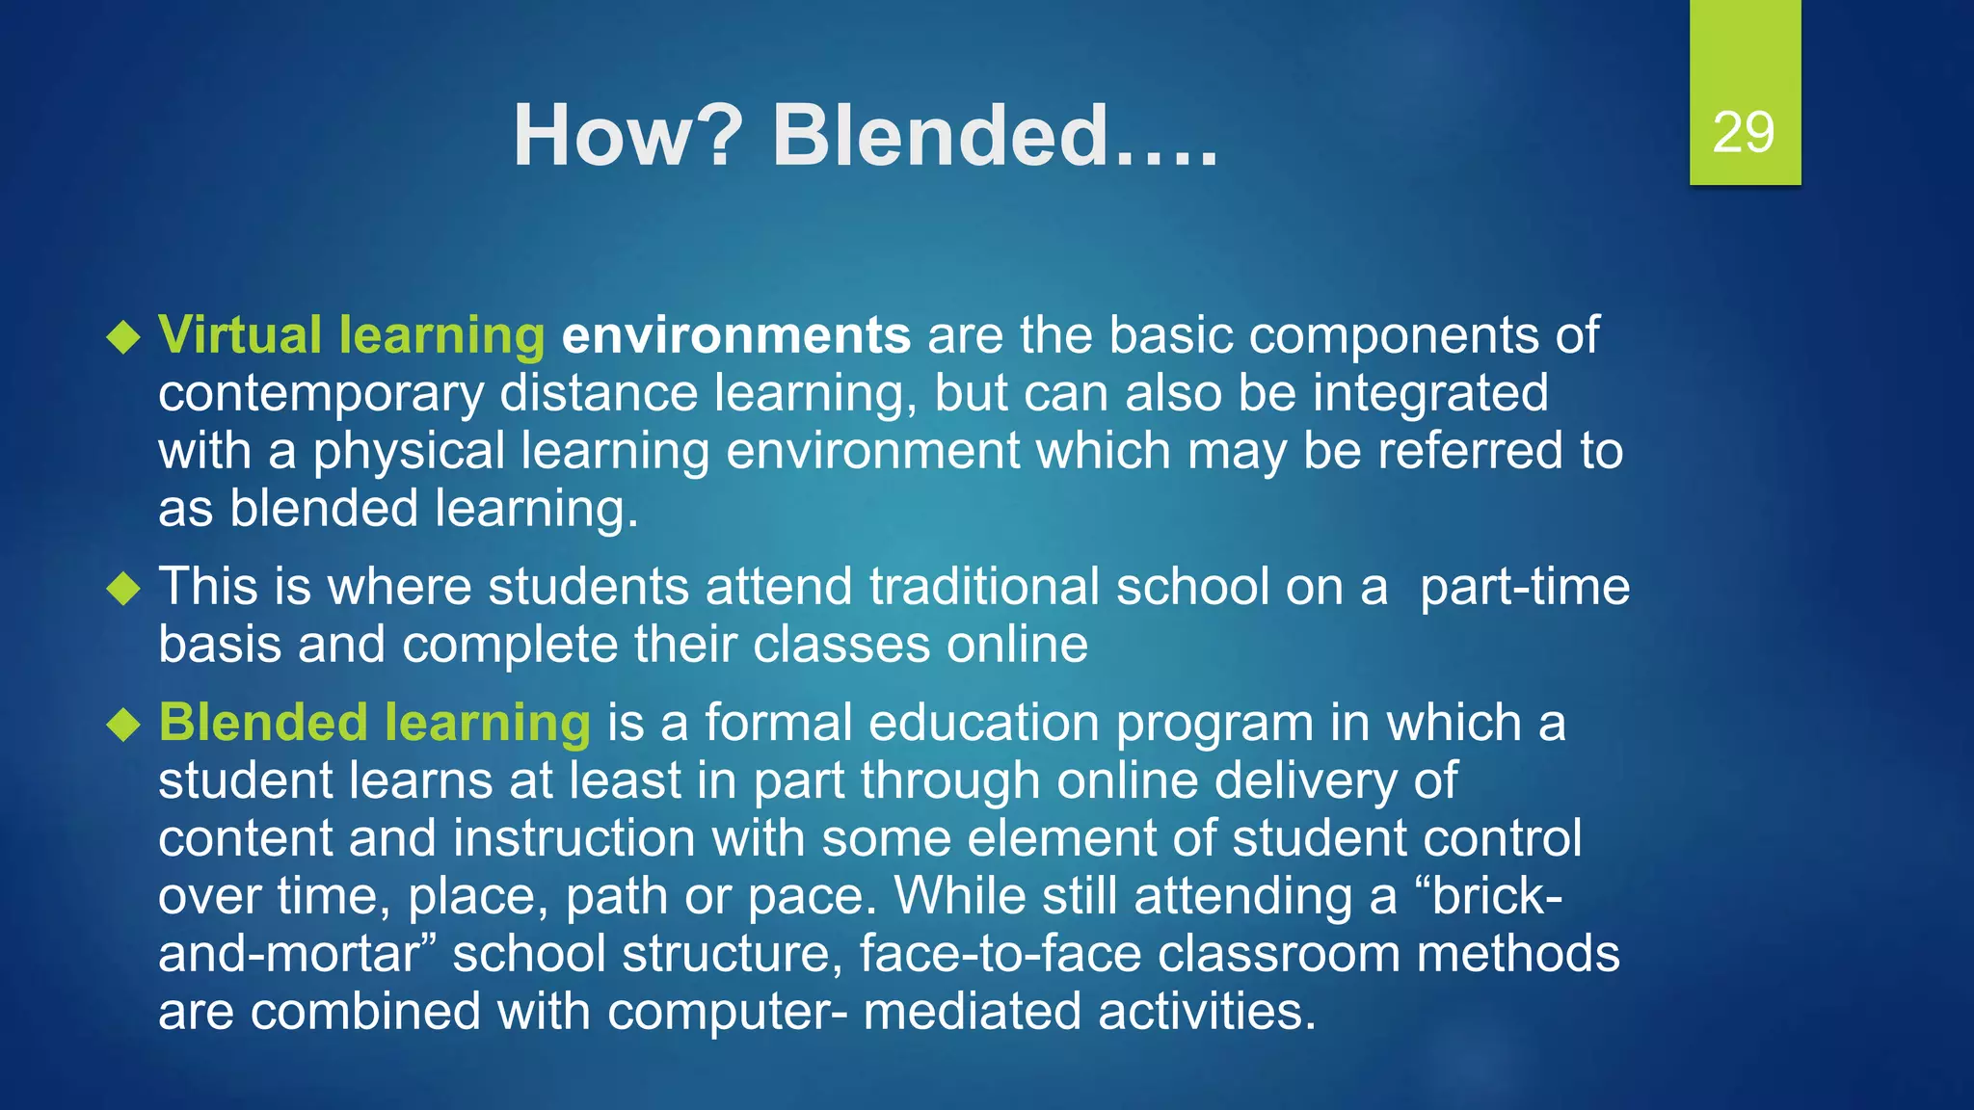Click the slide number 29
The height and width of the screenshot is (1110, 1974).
coord(1744,132)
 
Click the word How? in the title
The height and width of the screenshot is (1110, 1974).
coord(627,136)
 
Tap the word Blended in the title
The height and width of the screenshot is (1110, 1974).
coord(940,136)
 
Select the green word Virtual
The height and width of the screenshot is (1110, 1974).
coord(240,335)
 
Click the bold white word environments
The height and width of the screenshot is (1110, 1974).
coord(736,335)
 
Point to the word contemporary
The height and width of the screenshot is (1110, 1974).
coord(321,395)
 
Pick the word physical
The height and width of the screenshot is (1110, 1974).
coord(409,452)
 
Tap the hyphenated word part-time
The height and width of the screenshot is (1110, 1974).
coord(1525,587)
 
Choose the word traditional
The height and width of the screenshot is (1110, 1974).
coord(984,587)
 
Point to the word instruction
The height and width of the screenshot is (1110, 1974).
coord(574,838)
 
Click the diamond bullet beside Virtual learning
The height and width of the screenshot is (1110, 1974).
coord(124,337)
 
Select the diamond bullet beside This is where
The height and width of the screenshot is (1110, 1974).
coord(124,588)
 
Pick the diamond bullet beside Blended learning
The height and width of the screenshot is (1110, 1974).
coord(124,725)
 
